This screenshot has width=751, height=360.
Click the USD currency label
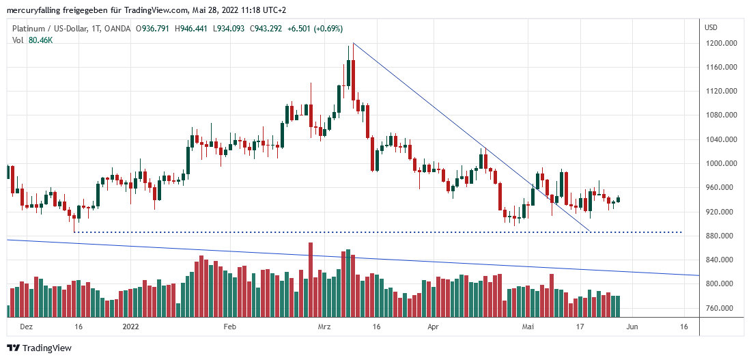(711, 28)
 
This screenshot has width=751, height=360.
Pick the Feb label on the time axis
(230, 327)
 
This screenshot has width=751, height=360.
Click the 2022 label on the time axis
(131, 327)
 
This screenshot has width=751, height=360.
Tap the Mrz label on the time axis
(324, 327)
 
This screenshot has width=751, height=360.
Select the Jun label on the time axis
(632, 327)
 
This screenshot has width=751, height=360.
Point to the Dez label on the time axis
(26, 327)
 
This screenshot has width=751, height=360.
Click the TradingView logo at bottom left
(40, 348)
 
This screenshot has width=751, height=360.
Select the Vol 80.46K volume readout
(33, 40)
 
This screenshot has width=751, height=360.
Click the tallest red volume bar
(311, 279)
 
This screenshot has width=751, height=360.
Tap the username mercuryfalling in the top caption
(35, 10)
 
